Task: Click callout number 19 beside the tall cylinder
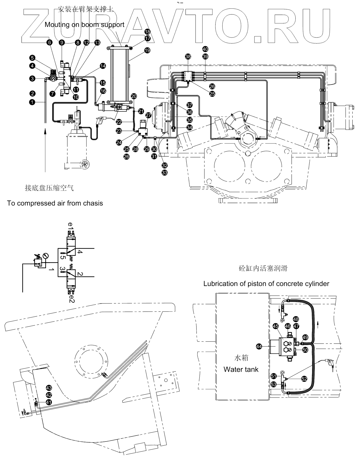point(148,50)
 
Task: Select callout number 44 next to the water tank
point(259,347)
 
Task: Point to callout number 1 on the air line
point(33,102)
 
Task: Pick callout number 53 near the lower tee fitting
point(273,384)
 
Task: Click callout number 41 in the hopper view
point(49,402)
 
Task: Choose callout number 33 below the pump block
point(165,173)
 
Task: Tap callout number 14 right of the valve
point(103,66)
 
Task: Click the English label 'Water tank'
point(241,369)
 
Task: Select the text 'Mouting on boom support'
point(84,25)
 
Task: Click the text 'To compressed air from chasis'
point(55,203)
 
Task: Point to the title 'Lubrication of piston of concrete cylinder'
point(266,284)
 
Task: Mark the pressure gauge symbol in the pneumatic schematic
point(45,256)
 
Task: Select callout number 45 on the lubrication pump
point(275,326)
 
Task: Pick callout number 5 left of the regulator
point(33,58)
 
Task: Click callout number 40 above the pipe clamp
point(205,49)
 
